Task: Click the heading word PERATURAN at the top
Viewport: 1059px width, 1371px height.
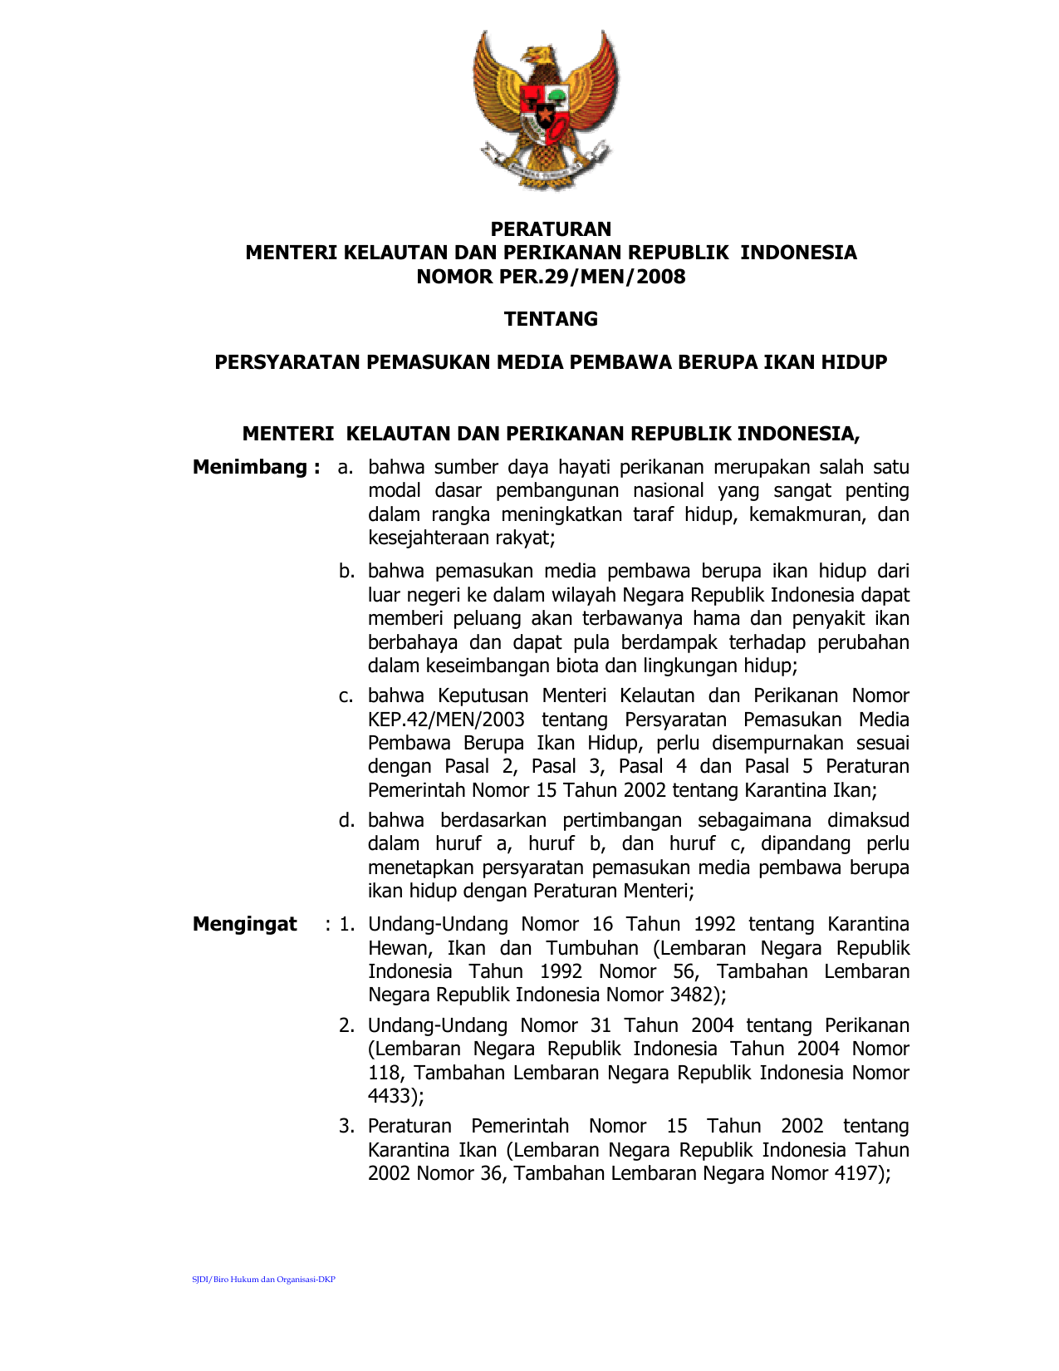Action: (551, 229)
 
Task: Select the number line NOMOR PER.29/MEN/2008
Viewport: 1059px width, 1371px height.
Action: (551, 277)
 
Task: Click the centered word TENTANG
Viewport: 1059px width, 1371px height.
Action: (551, 319)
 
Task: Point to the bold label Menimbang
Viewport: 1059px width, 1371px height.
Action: (250, 468)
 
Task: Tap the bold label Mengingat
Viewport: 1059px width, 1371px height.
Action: (245, 925)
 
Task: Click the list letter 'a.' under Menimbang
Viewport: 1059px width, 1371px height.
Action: (346, 468)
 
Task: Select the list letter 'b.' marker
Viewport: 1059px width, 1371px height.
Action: (346, 572)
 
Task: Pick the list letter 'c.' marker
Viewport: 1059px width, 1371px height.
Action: (346, 696)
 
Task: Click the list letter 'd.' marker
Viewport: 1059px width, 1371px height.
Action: (346, 821)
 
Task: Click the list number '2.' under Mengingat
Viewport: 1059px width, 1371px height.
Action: (346, 1026)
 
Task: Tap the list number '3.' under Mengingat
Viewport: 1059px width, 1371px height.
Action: (346, 1127)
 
